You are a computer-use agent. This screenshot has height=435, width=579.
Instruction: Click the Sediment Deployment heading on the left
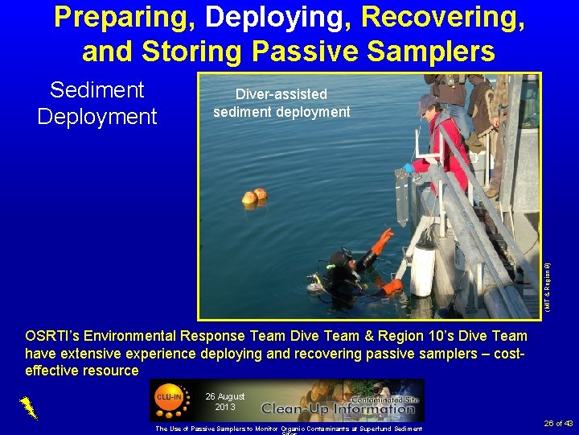pos(97,103)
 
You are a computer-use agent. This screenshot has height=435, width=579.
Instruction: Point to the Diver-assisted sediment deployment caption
pos(281,103)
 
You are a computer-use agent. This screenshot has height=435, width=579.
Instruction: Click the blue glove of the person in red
pos(409,168)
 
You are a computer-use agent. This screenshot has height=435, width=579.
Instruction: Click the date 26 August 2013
pos(224,401)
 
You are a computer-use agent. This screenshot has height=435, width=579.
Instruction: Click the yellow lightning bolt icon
pos(29,408)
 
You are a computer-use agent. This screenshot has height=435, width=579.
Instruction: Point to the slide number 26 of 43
pos(558,423)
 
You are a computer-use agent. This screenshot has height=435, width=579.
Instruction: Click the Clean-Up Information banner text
pos(338,407)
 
